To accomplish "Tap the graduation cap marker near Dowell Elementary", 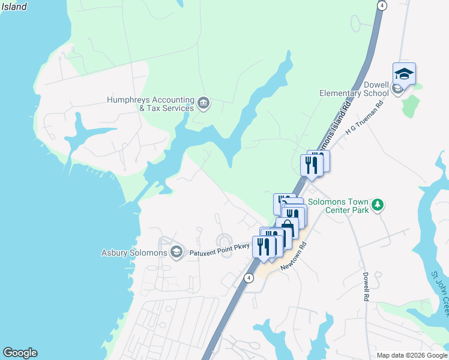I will [x=404, y=74].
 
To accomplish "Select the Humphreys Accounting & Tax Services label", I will [x=150, y=104].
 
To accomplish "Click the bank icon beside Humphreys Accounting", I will [x=203, y=104].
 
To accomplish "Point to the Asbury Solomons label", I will [x=134, y=252].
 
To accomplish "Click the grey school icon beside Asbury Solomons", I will [x=176, y=251].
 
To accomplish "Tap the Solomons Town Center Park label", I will [x=337, y=206].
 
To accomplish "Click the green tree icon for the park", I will [x=378, y=205].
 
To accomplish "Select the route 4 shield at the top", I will [x=382, y=5].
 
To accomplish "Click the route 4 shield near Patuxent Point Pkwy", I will [x=248, y=277].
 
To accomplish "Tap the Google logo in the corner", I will [x=20, y=353].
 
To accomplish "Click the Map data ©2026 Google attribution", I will [x=412, y=355].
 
